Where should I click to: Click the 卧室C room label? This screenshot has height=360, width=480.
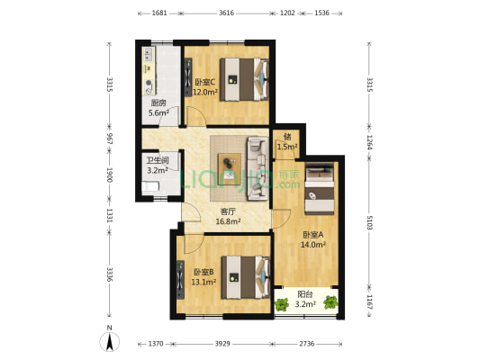[x=205, y=82]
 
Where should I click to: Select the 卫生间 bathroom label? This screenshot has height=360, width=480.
[x=158, y=161]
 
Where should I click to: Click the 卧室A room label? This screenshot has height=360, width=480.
[x=312, y=235]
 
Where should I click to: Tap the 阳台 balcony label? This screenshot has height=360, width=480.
[x=306, y=294]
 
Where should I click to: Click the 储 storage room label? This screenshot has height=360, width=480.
[x=285, y=137]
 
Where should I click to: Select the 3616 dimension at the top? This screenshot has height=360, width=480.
[x=226, y=13]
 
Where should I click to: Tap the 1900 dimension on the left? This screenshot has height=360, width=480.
[x=108, y=177]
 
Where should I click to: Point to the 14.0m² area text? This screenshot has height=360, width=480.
[x=312, y=245]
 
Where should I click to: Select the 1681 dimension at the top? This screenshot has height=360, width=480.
[x=158, y=13]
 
